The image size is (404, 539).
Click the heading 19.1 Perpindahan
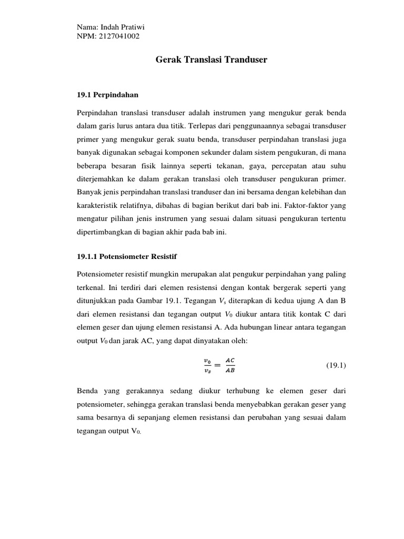point(108,95)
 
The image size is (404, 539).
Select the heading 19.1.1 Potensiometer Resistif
point(127,256)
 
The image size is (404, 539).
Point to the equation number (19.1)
point(336,365)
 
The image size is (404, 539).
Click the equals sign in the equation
point(217,365)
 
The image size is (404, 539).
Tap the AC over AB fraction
point(230,365)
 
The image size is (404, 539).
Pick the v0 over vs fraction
point(207,365)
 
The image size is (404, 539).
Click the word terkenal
point(92,288)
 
